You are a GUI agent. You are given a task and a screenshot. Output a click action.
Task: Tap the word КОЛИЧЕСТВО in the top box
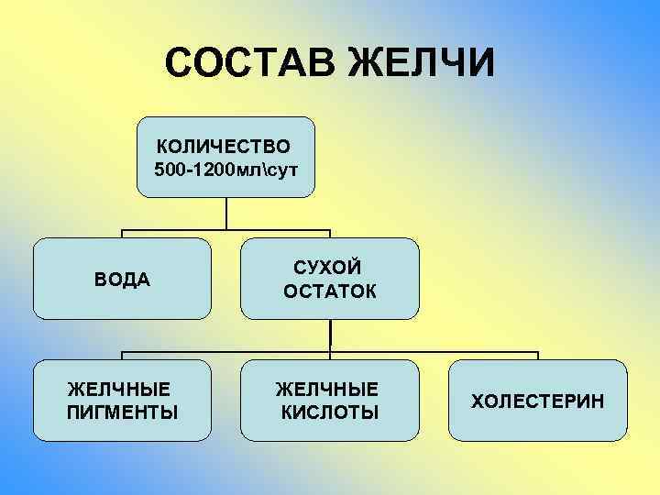coord(223,147)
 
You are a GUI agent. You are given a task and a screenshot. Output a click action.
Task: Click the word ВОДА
coord(123,279)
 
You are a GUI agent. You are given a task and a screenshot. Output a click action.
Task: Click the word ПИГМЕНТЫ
coord(123,412)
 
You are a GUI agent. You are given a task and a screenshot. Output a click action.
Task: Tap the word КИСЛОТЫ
coord(328,412)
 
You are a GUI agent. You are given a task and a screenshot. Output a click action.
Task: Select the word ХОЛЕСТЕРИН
coord(538,401)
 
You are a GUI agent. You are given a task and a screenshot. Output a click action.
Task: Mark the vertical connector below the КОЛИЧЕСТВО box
coord(227,213)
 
